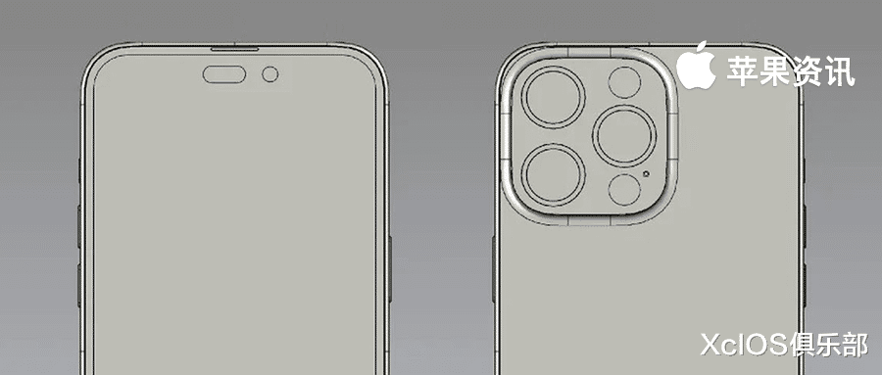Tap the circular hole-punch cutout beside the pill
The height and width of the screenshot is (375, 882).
tap(270, 74)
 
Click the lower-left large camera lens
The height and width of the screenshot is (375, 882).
tap(554, 173)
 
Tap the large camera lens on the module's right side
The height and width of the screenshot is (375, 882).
tap(624, 136)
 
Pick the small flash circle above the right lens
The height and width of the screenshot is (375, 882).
tap(624, 82)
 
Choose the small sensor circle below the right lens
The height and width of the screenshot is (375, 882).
tap(624, 190)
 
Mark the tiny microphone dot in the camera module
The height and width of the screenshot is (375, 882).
tap(648, 174)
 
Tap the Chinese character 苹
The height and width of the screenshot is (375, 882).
tap(742, 70)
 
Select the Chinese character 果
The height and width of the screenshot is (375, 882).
tap(774, 70)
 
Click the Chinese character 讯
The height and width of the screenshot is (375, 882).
tap(839, 70)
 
